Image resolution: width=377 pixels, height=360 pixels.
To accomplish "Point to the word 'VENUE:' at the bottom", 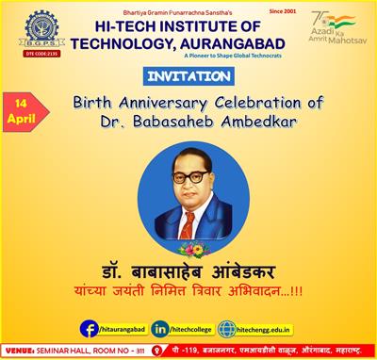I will (x=22, y=352).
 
